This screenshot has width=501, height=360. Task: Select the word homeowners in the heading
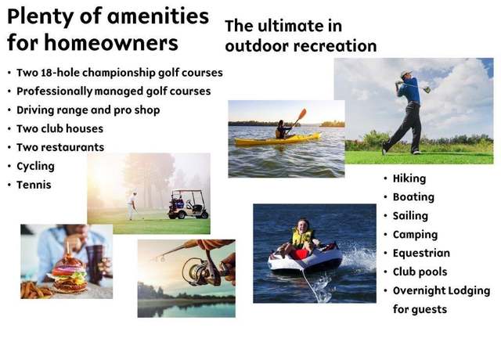[x=111, y=43]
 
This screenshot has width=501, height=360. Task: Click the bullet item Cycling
[x=35, y=166]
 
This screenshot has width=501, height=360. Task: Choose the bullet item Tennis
[x=34, y=185]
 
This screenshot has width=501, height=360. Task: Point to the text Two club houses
[x=59, y=128]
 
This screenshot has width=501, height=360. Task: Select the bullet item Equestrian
[x=421, y=253]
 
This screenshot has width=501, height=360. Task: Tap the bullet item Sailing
[x=410, y=216]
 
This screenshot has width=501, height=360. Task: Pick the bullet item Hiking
[x=409, y=178]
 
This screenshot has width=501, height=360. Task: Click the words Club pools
[x=420, y=272]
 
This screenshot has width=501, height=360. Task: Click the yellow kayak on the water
[x=277, y=139]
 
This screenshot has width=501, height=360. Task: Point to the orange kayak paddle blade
[x=302, y=113]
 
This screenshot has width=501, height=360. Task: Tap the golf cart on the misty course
[x=189, y=204]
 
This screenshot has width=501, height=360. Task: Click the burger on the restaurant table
[x=70, y=275]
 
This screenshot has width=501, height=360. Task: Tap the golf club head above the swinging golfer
[x=427, y=89]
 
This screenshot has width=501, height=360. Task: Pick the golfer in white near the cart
[x=132, y=206]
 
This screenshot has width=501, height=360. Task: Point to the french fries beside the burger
[x=36, y=290]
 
